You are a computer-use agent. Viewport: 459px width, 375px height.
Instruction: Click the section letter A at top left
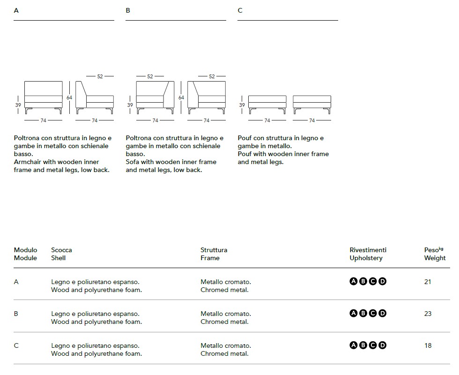pyautogui.click(x=16, y=10)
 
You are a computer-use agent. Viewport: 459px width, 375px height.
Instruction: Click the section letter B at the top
pyautogui.click(x=128, y=10)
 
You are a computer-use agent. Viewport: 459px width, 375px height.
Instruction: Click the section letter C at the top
pyautogui.click(x=240, y=10)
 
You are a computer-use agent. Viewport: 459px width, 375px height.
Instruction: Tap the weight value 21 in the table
pyautogui.click(x=428, y=282)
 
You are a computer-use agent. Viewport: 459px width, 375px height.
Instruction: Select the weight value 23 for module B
pyautogui.click(x=428, y=314)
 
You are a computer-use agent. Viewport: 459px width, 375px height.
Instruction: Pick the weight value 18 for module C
pyautogui.click(x=428, y=345)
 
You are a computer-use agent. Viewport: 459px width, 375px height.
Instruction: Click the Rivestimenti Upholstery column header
pyautogui.click(x=368, y=254)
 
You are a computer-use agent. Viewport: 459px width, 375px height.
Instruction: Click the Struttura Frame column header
pyautogui.click(x=214, y=254)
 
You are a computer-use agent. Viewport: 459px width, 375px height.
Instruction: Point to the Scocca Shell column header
pyautogui.click(x=61, y=254)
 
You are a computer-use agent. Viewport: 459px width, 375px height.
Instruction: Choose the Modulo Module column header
pyautogui.click(x=25, y=254)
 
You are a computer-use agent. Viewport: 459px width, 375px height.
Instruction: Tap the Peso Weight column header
pyautogui.click(x=434, y=254)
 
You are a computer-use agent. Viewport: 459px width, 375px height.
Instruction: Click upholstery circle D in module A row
pyautogui.click(x=383, y=281)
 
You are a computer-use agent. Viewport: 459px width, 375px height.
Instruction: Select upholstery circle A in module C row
pyautogui.click(x=354, y=345)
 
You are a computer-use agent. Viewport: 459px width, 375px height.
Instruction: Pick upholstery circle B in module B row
pyautogui.click(x=363, y=313)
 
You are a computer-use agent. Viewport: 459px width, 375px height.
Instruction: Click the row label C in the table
pyautogui.click(x=16, y=345)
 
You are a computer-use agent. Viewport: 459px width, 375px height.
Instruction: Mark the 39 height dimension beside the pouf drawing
pyautogui.click(x=242, y=105)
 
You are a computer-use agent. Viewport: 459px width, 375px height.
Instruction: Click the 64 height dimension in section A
pyautogui.click(x=69, y=97)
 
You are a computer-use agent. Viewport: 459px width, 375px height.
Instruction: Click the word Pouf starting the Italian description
pyautogui.click(x=245, y=138)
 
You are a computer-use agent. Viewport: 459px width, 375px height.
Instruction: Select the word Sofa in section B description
pyautogui.click(x=133, y=162)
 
